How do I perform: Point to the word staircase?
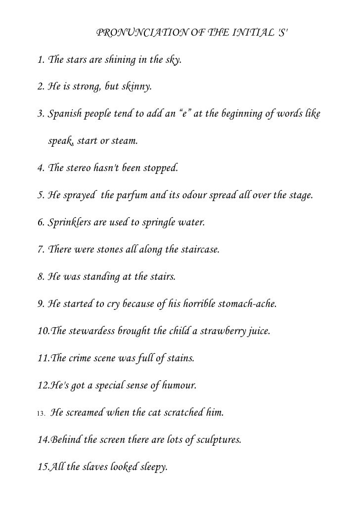[x=199, y=249]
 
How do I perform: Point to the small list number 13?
[x=41, y=412]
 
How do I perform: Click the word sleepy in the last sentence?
[x=152, y=465]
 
